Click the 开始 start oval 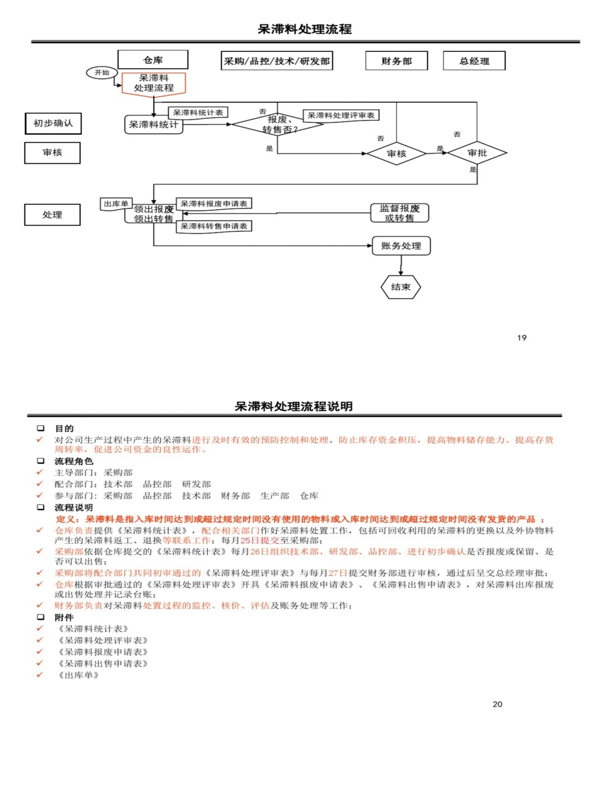(x=102, y=72)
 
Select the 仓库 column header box (x=153, y=60)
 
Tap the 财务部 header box (x=396, y=61)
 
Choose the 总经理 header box (x=474, y=61)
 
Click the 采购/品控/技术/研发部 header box (x=276, y=61)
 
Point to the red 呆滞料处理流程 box (x=154, y=83)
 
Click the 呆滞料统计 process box (x=153, y=125)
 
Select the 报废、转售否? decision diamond (x=277, y=125)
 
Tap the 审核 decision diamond (x=396, y=153)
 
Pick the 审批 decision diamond (x=476, y=153)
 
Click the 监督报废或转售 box (x=399, y=213)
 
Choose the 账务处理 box (x=401, y=246)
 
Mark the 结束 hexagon (x=401, y=287)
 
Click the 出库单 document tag (x=116, y=204)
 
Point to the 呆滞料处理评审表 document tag (x=341, y=115)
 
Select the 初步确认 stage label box (x=53, y=123)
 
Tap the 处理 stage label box (x=53, y=215)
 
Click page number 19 (x=522, y=337)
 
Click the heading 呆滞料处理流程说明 (x=294, y=406)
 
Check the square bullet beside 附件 (x=40, y=617)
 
